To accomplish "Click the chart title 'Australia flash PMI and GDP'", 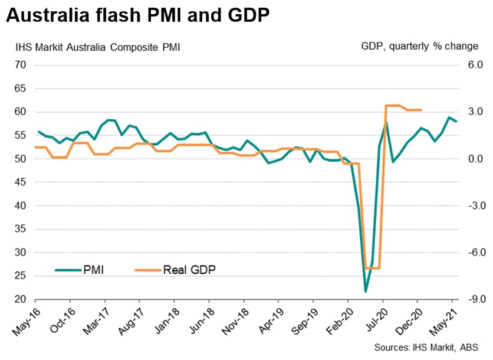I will click(x=138, y=17).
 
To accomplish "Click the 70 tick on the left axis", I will click(x=21, y=65).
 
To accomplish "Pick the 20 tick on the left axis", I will click(x=21, y=300).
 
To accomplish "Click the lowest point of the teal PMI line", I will click(x=366, y=292).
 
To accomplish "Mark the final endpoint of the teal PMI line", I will click(x=455, y=121).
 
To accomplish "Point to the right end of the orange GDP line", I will click(x=420, y=110).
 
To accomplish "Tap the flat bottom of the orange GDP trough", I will click(x=372, y=268).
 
